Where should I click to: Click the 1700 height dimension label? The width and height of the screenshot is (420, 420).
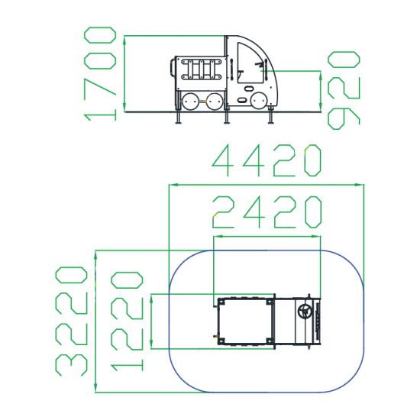click(100, 73)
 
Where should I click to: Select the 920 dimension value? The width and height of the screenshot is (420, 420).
click(344, 91)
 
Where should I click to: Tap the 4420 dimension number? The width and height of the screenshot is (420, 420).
click(267, 160)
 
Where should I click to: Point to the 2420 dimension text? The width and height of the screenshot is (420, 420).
click(267, 212)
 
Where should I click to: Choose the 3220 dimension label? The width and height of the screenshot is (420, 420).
click(71, 321)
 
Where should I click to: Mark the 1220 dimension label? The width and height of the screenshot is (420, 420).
click(127, 321)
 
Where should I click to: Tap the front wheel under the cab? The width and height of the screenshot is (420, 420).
click(259, 101)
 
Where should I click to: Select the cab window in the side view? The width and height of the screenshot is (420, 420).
click(250, 63)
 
